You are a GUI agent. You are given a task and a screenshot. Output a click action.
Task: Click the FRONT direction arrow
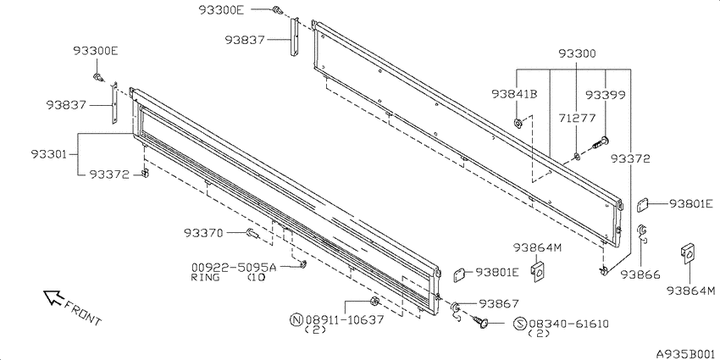point(53,297)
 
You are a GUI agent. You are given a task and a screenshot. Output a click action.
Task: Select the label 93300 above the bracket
point(577,53)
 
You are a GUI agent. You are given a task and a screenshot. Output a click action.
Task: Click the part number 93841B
point(514,94)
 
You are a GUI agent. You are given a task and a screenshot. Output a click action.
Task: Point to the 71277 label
point(577,119)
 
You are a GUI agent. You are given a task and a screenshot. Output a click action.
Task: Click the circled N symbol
point(297,319)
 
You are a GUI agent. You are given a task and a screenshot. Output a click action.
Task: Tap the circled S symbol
point(519,324)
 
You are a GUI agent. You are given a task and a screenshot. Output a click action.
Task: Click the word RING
point(205,277)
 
